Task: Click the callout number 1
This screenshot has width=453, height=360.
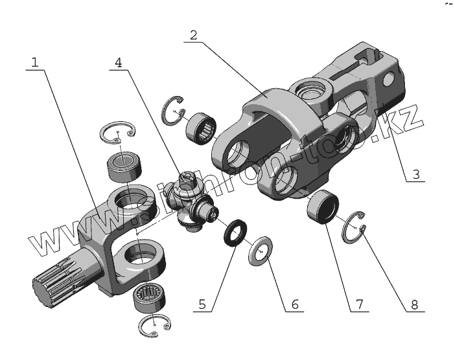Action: (35, 62)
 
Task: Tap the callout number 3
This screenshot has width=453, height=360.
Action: (415, 174)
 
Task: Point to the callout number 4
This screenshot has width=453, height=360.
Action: (118, 62)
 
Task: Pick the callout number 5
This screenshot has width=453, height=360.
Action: (202, 303)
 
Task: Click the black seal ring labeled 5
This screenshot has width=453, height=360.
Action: (235, 231)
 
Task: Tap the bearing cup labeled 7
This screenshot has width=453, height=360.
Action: (322, 205)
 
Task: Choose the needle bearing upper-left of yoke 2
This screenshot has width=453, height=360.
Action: (200, 126)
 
